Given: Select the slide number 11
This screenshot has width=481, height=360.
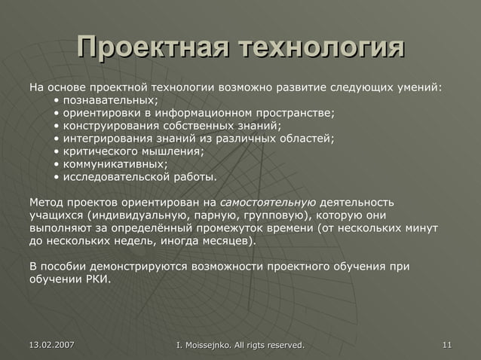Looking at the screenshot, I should click(x=447, y=345).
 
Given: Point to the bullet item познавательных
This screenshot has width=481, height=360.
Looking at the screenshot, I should click(x=110, y=100).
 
